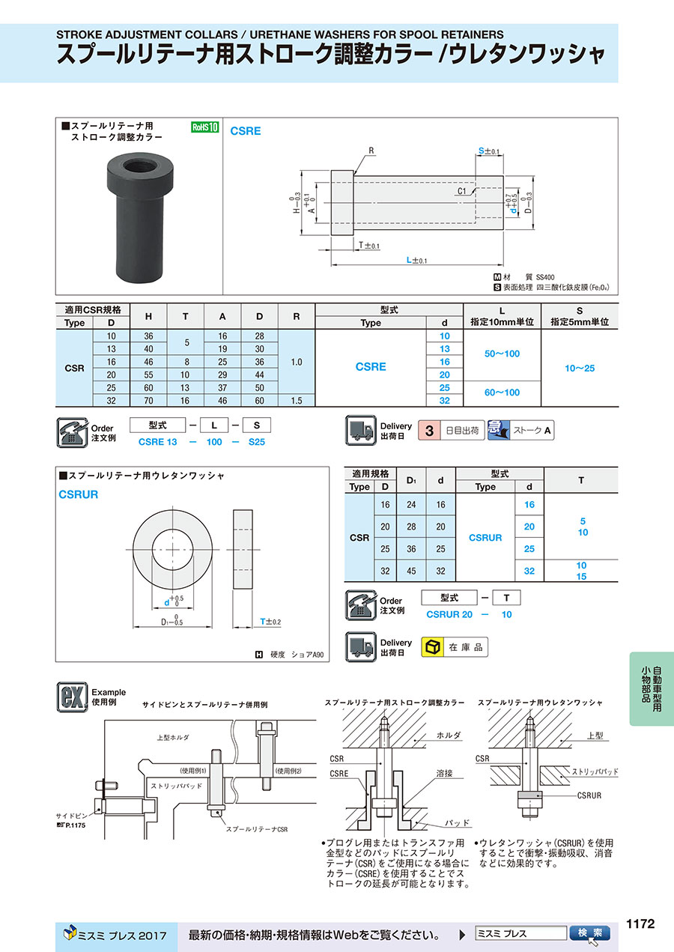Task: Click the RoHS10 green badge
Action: [204, 127]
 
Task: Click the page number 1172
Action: [640, 924]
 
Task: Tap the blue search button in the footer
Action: [590, 933]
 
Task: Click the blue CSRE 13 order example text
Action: [158, 442]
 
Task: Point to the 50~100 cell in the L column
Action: [502, 354]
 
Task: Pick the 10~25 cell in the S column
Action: [580, 368]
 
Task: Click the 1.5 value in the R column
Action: [297, 401]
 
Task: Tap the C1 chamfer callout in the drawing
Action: [461, 192]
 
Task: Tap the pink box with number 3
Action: [429, 431]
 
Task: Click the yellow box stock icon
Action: [431, 647]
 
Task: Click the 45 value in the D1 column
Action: [411, 571]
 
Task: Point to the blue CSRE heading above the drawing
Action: [246, 131]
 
